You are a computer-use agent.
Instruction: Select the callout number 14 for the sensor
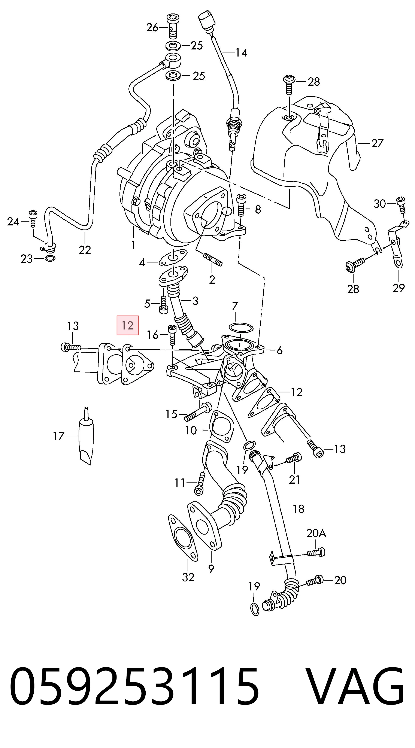click(x=241, y=53)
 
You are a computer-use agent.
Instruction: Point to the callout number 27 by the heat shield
click(x=377, y=143)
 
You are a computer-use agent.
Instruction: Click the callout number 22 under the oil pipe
click(x=85, y=250)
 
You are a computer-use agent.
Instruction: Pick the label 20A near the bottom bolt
click(x=316, y=533)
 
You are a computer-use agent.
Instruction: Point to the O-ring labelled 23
click(x=51, y=258)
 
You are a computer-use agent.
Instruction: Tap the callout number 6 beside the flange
click(x=279, y=350)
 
